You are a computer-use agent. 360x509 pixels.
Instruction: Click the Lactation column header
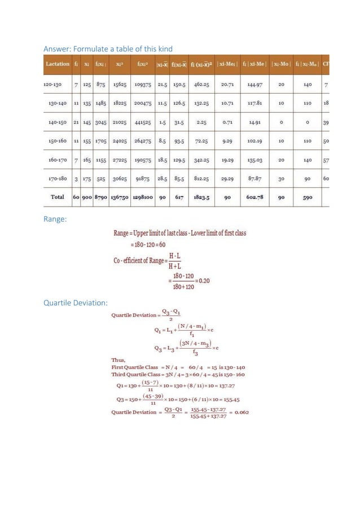point(58,64)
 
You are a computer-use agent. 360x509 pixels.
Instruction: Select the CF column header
point(326,64)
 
